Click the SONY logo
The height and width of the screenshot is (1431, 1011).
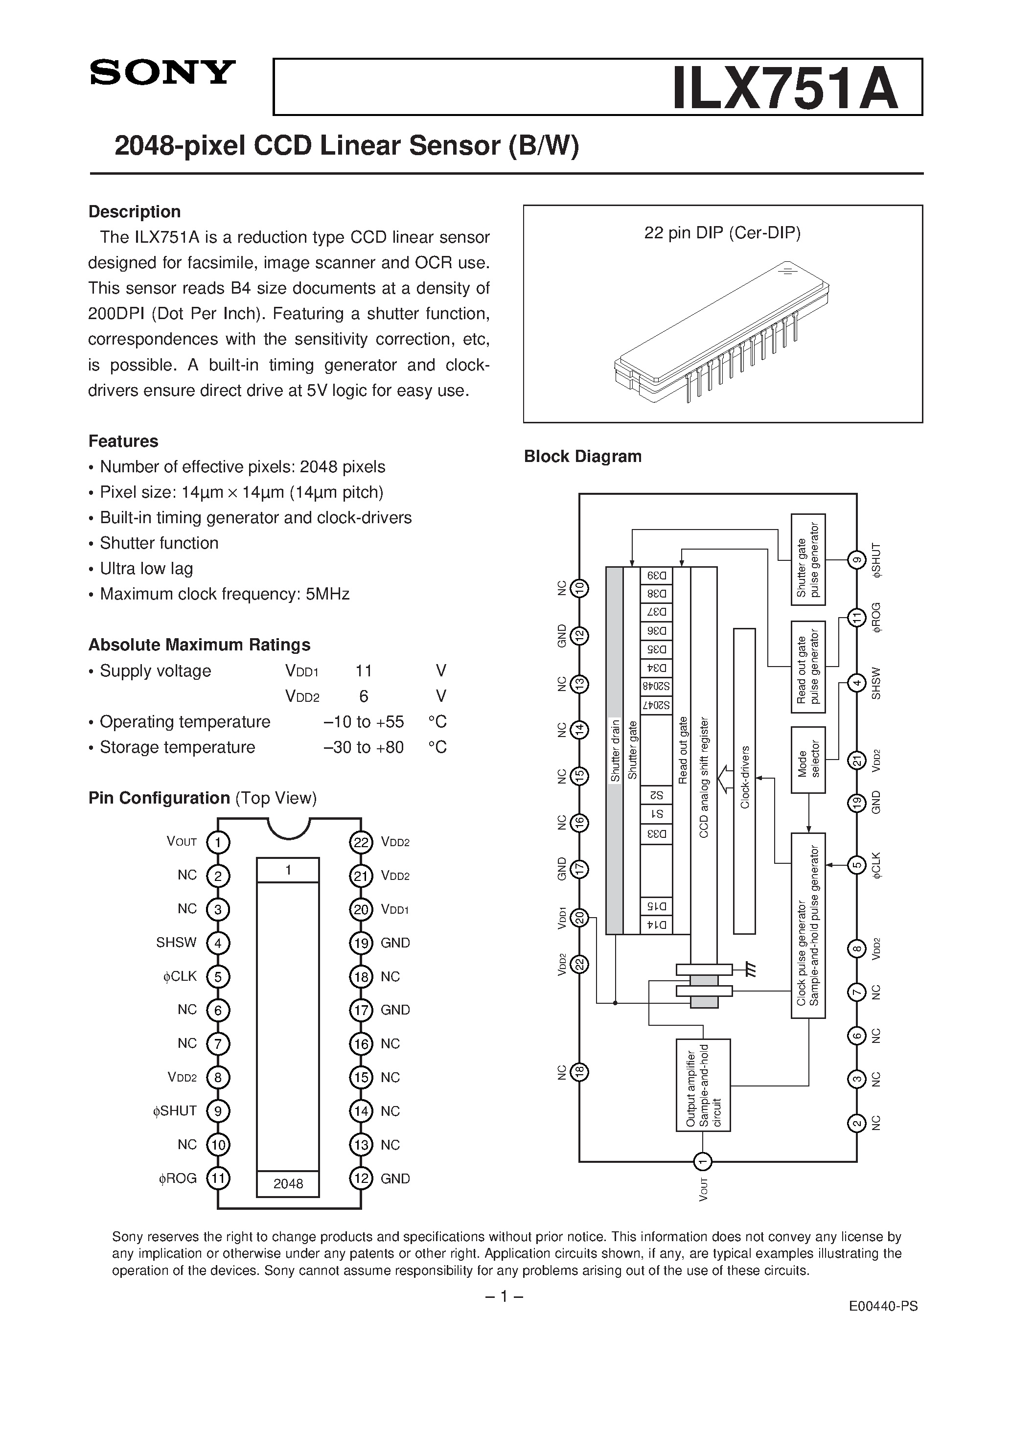[x=162, y=72]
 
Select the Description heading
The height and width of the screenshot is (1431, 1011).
[x=135, y=212]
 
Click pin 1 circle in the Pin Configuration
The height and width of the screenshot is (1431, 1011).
[x=218, y=843]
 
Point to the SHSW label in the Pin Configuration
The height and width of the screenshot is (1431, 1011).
[x=176, y=943]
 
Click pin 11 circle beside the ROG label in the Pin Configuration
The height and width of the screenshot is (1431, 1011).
[x=218, y=1178]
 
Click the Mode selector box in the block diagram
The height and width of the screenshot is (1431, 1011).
[x=808, y=760]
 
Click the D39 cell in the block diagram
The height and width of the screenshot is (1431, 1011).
[x=656, y=576]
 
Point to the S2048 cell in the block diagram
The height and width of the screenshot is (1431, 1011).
[x=656, y=687]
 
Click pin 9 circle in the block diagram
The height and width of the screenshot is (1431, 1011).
[x=857, y=560]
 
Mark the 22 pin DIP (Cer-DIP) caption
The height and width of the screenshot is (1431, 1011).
[x=722, y=233]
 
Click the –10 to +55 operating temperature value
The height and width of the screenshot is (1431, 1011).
[x=364, y=722]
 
